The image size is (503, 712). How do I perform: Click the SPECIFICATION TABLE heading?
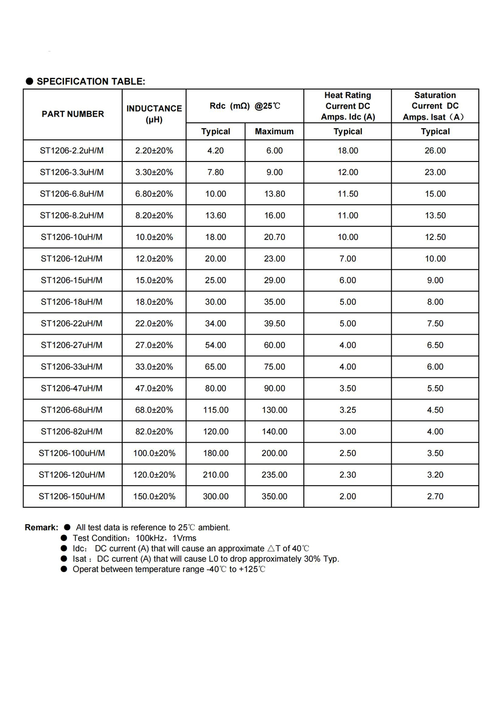click(91, 82)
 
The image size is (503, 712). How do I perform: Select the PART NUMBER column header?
click(73, 114)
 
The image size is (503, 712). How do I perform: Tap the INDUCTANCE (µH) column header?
click(154, 114)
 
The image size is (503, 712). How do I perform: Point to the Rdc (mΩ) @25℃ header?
click(245, 106)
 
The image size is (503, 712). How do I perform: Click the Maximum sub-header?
click(274, 131)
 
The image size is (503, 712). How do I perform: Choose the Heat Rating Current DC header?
click(348, 106)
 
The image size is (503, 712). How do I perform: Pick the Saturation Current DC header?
click(435, 106)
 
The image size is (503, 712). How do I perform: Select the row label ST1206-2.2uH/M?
click(72, 150)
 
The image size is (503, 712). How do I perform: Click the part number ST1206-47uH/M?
click(71, 388)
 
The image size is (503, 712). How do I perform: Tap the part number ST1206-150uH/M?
click(72, 497)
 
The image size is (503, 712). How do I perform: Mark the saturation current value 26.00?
click(435, 150)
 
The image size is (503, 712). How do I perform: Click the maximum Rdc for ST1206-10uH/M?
click(275, 237)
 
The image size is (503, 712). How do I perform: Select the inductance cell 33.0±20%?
click(154, 367)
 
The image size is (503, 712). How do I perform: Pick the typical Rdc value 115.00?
click(216, 410)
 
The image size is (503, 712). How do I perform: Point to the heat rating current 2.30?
click(348, 475)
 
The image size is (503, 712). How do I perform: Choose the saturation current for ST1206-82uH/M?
click(435, 432)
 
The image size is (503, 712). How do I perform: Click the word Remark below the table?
click(41, 527)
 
